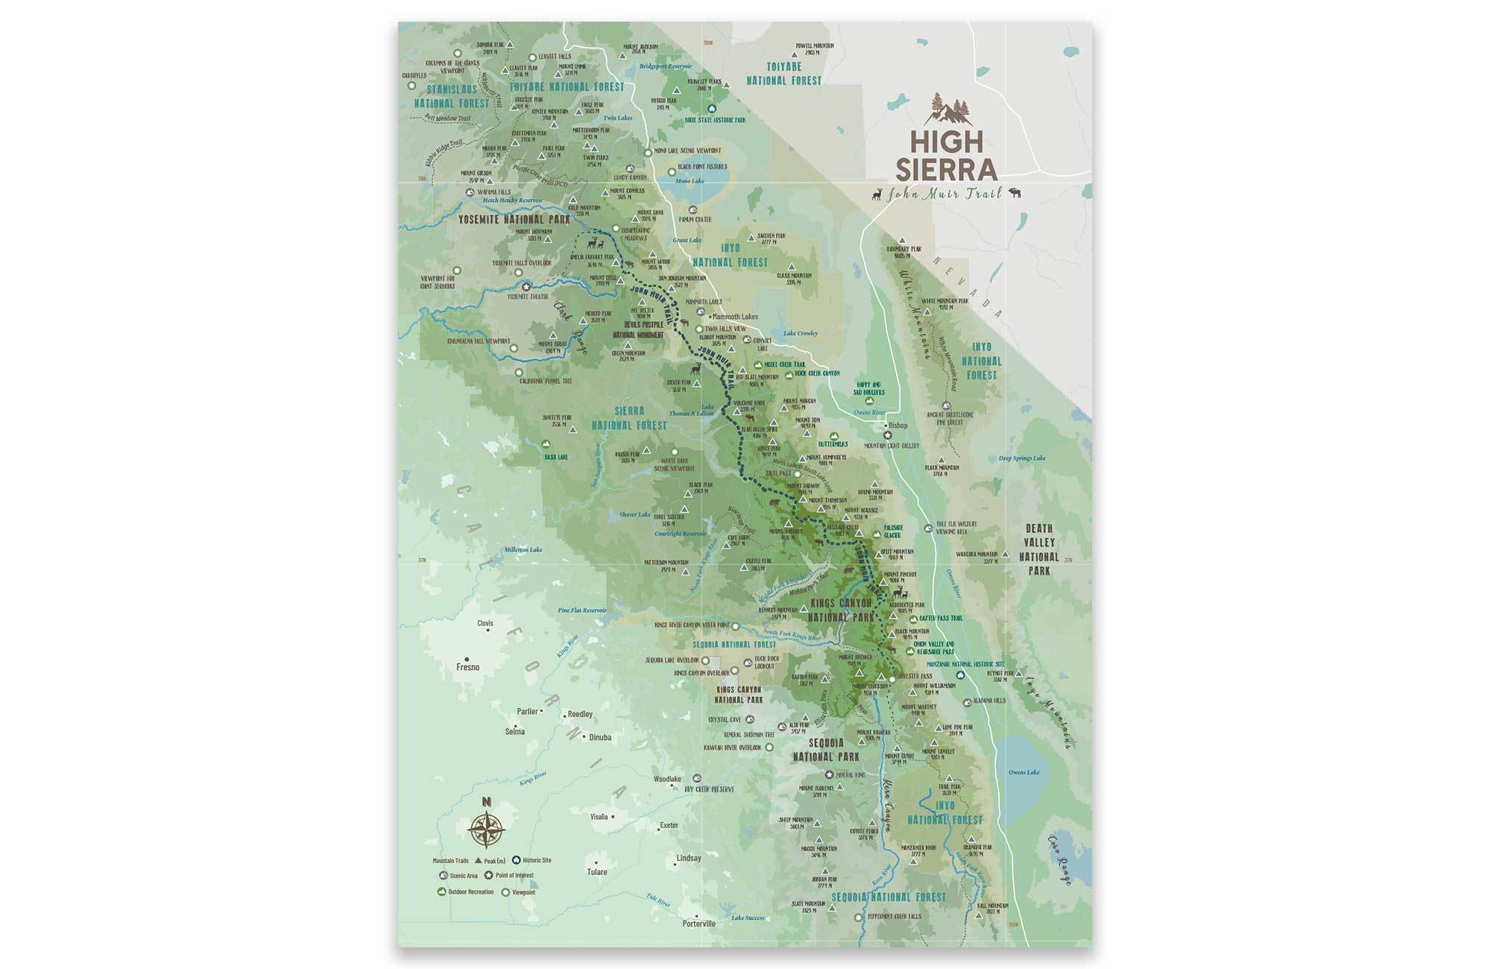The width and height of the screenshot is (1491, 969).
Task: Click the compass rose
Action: point(487,828)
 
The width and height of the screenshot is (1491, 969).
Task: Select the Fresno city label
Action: point(468,667)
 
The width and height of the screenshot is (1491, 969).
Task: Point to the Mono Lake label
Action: point(689,181)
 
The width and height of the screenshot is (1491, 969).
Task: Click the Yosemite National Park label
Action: point(514,219)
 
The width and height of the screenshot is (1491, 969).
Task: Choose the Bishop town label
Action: point(898,426)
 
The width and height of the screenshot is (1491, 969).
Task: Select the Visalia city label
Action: point(599,817)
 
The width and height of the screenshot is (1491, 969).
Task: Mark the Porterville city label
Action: point(699,924)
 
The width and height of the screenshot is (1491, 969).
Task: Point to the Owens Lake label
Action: point(1024,772)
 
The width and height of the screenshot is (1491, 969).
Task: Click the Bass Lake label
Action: point(556,457)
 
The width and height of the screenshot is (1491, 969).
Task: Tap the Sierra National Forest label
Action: point(629,418)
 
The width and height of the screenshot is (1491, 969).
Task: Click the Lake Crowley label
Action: point(800,333)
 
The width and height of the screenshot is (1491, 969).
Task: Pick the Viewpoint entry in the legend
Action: point(523,892)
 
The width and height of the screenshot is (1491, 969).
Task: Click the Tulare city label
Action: point(597,872)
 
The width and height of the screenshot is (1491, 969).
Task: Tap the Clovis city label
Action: point(485,623)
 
